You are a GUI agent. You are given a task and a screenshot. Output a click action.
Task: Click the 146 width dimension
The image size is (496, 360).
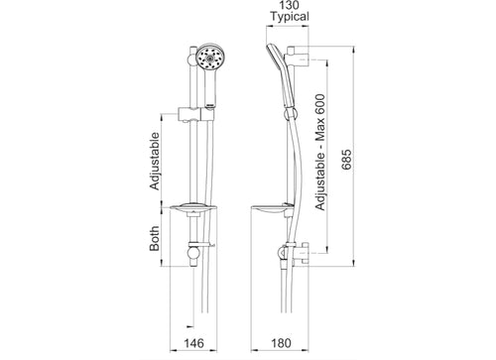[x=193, y=343]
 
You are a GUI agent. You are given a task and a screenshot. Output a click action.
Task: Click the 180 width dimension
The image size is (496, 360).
[x=281, y=343]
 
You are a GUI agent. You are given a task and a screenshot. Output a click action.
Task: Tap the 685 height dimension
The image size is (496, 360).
[x=346, y=160]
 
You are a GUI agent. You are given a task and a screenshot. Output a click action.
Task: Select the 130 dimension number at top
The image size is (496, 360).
[x=289, y=5]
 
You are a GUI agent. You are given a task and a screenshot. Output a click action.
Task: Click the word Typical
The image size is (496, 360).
[x=290, y=17]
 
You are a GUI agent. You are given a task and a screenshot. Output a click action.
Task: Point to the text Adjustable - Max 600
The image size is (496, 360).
[x=320, y=153]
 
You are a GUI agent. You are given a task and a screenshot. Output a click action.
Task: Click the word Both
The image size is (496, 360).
[x=155, y=238]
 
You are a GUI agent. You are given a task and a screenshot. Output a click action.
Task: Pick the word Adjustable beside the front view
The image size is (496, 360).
[x=155, y=161]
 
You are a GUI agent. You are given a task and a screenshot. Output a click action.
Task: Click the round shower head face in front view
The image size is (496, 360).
[x=208, y=58]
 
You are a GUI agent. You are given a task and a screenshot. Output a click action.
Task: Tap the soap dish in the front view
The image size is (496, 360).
[x=193, y=208]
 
